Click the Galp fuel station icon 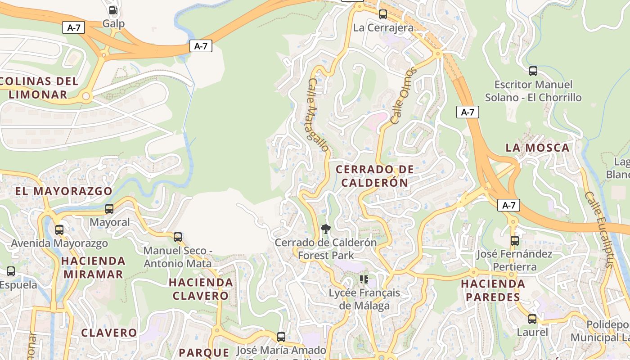point(113,10)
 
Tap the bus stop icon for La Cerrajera point(383,14)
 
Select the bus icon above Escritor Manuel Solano point(533,71)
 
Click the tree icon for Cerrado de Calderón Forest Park point(325,229)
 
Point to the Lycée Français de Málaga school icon point(364,279)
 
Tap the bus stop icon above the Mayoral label point(109,209)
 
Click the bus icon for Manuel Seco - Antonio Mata point(178,237)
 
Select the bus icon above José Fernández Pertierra point(515,241)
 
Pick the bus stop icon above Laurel point(532,319)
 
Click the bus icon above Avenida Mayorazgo point(59,230)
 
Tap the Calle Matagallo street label point(318,115)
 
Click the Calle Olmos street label point(404,96)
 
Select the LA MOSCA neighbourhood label point(537,148)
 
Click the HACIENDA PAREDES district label point(493,290)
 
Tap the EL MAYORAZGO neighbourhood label point(63,191)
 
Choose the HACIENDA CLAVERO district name point(201,289)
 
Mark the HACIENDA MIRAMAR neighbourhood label point(93,267)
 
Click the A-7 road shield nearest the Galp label point(73,28)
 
